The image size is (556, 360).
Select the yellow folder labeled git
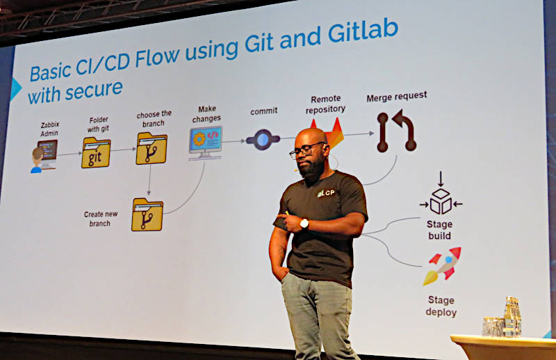[96, 152]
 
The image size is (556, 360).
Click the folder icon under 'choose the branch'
[152, 148]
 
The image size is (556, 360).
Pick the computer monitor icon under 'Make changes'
[205, 142]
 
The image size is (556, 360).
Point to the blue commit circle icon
[263, 140]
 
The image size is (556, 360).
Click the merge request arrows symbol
[396, 131]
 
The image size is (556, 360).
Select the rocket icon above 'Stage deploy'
[442, 266]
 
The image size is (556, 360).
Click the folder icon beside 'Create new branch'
[147, 215]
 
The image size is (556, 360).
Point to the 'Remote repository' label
[325, 104]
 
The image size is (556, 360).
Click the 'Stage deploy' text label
[441, 306]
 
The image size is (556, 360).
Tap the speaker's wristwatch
[304, 224]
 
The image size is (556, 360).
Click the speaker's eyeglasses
[306, 149]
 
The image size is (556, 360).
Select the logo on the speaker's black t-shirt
[326, 193]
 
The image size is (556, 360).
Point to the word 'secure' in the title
[94, 90]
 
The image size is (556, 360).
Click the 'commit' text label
[264, 111]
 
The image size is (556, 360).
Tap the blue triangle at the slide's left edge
[15, 89]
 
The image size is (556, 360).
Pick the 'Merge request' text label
[396, 97]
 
